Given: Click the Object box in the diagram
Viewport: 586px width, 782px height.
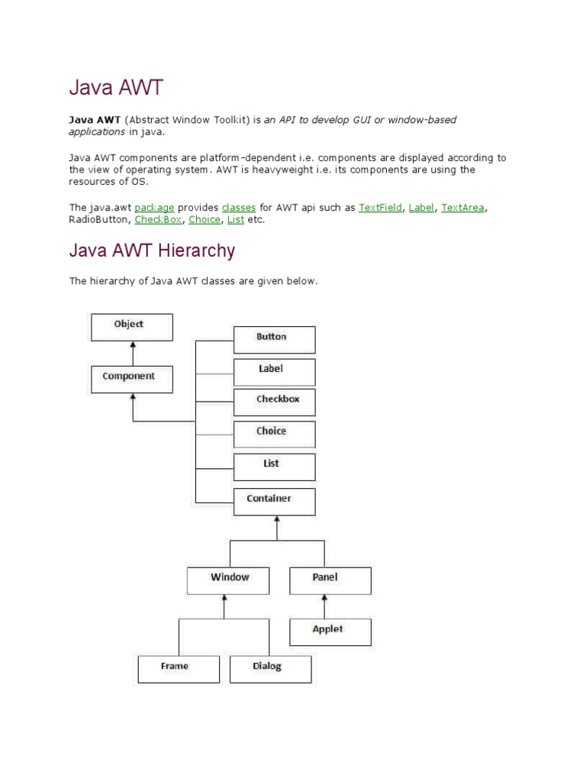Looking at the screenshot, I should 132,327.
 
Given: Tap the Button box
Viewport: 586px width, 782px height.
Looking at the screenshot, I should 274,339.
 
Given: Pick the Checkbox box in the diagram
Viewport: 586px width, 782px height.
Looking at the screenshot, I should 274,402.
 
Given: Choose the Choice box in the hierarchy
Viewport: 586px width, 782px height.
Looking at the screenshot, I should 274,434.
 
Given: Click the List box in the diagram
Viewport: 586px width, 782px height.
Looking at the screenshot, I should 274,466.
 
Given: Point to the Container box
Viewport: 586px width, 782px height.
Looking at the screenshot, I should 274,501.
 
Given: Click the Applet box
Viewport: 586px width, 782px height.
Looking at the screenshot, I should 330,632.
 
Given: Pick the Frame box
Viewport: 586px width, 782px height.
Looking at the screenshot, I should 179,668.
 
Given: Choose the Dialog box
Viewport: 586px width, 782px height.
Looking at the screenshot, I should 270,668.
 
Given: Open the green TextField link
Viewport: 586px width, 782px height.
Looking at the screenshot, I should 380,207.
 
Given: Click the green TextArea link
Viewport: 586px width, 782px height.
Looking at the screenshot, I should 462,207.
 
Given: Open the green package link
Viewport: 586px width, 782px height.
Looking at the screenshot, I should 154,207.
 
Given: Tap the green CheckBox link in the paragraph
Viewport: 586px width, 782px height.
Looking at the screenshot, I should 158,220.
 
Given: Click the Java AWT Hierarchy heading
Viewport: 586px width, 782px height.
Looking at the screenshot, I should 153,250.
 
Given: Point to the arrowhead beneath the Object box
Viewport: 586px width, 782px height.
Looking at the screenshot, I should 133,346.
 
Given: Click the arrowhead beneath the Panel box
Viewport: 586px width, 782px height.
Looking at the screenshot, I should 330,599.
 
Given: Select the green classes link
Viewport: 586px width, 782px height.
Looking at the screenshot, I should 238,207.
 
